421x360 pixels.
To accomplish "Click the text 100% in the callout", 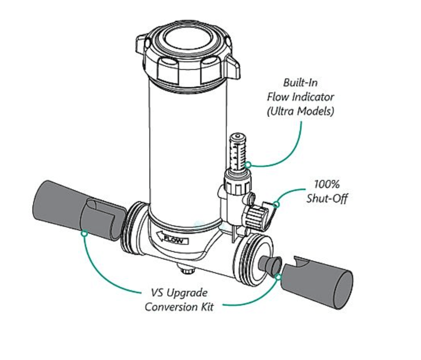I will coord(327,184).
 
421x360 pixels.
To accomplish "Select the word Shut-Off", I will coord(327,198).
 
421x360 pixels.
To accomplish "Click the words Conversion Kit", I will coord(179,307).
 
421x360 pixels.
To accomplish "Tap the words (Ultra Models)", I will coord(300,111).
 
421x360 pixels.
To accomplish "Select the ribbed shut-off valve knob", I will coord(256,215).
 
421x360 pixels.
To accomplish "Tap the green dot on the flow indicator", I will coord(249,166).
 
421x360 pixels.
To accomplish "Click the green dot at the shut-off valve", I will coord(276,204).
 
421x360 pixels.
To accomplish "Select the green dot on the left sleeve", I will coord(83,233).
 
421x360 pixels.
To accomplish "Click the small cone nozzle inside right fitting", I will coord(270,266).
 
